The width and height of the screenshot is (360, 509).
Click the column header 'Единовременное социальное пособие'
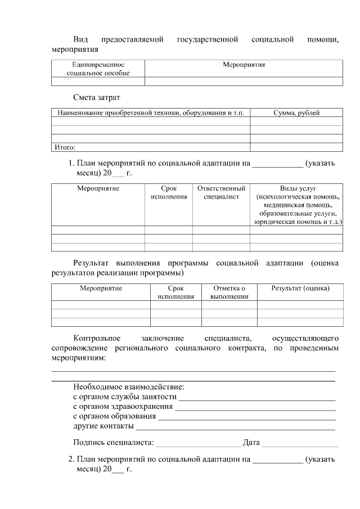point(98,69)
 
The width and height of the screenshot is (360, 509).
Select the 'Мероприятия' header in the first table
point(244,65)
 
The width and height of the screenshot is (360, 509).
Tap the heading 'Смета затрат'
point(97,97)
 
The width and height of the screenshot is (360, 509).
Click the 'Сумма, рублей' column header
point(296,112)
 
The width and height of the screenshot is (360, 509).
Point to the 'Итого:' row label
point(65,147)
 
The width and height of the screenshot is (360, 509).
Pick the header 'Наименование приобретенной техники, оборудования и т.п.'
point(151,112)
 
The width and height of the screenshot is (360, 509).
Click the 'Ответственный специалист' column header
point(221,192)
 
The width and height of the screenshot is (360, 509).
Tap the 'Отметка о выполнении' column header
point(229,292)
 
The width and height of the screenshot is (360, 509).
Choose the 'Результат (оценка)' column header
point(300,288)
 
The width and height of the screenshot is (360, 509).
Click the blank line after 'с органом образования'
point(247,418)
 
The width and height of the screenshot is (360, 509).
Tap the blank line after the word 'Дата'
point(300,444)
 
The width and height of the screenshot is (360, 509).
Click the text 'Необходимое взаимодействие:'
point(129,387)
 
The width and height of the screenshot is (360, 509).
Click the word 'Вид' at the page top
point(80,39)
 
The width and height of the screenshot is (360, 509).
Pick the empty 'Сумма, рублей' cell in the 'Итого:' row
point(296,147)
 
